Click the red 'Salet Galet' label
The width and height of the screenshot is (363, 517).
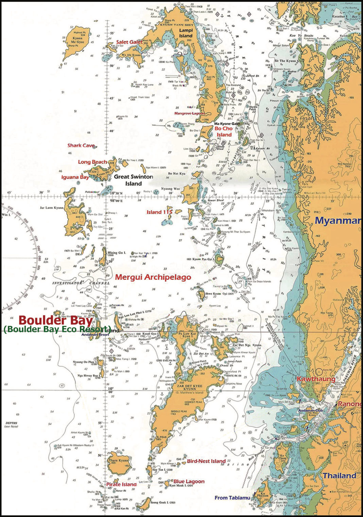[129, 42]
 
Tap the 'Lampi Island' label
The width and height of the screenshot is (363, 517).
[186, 33]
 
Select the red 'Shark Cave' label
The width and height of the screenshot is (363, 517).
[81, 145]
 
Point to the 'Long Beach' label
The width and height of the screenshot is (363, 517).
[92, 162]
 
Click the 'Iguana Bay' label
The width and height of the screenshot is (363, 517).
[75, 177]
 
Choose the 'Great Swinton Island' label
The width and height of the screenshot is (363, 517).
[133, 180]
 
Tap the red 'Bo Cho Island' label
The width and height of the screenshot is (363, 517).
[224, 132]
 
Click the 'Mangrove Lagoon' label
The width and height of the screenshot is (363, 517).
[189, 113]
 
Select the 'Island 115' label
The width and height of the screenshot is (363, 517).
[159, 212]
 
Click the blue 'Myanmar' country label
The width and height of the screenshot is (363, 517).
[338, 221]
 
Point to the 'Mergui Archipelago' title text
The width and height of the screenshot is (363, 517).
[153, 277]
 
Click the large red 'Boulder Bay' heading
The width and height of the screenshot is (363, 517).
[55, 320]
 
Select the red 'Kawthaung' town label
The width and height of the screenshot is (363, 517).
[316, 379]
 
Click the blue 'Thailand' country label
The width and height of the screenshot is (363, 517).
[339, 476]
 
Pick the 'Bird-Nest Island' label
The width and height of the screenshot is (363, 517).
[206, 461]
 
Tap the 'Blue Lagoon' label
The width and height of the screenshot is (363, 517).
[189, 481]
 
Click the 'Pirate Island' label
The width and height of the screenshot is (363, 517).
[121, 484]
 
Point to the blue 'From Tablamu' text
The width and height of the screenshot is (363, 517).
[232, 498]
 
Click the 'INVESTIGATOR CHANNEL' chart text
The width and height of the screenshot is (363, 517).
[81, 283]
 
